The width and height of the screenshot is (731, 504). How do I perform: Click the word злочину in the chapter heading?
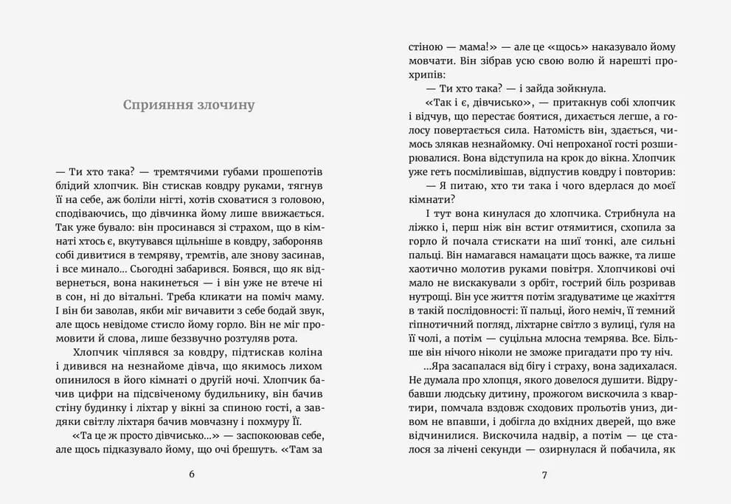pos(224,105)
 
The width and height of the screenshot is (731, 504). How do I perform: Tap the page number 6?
pos(192,474)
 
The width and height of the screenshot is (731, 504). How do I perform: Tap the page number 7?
pos(544,474)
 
